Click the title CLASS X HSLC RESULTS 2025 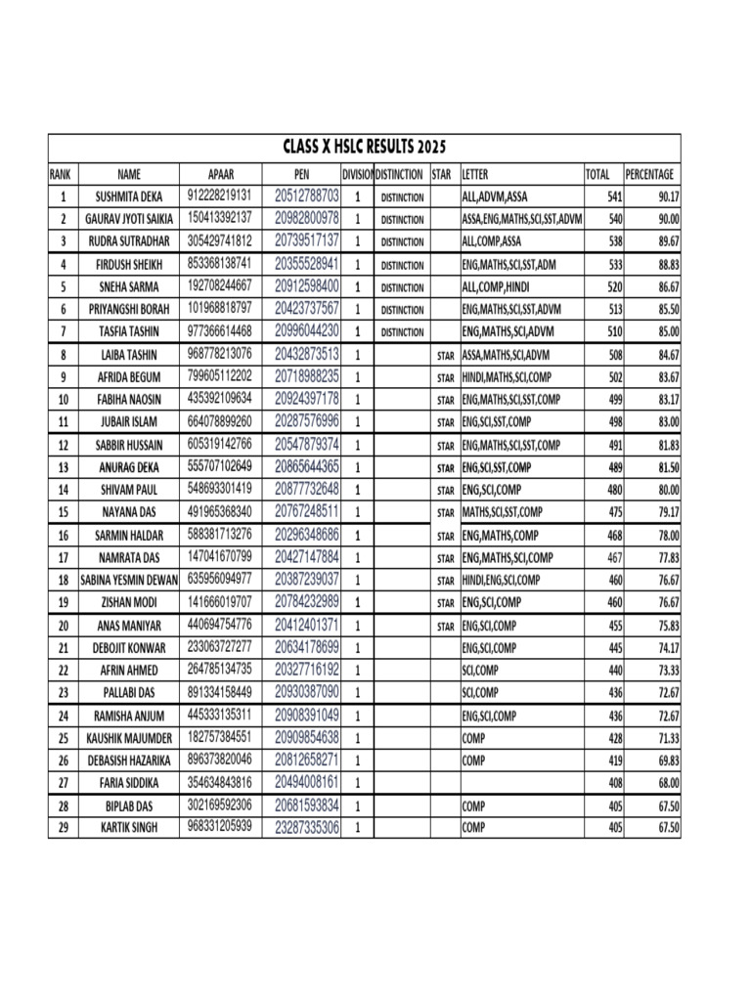point(364,148)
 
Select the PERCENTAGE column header point(649,174)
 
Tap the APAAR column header point(221,174)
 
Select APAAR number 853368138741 point(220,264)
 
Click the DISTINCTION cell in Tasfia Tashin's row point(402,332)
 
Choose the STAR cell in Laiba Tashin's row point(445,355)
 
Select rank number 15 point(63,512)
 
